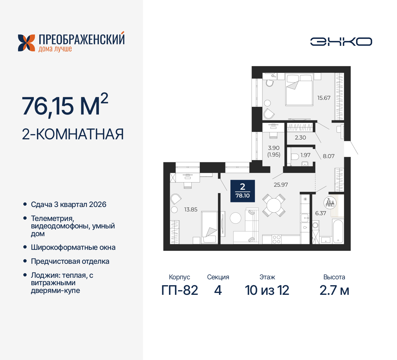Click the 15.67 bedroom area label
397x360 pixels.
[x=323, y=98]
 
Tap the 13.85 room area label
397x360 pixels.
[x=191, y=209]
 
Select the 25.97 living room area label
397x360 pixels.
[x=281, y=185]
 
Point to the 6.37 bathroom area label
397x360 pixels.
[x=320, y=213]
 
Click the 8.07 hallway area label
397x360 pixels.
[x=328, y=156]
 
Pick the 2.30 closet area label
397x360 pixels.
[x=300, y=137]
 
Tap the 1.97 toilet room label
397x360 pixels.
[x=305, y=155]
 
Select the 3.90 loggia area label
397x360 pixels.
[x=274, y=148]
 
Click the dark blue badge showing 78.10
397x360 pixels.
[x=243, y=191]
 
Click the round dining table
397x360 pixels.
[x=274, y=205]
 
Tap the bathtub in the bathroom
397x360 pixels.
[x=338, y=231]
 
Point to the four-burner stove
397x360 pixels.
[x=276, y=239]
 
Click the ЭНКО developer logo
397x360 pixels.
[x=341, y=42]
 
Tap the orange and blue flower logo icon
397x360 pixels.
[x=26, y=43]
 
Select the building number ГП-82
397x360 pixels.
[x=180, y=290]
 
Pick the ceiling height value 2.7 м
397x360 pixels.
[x=334, y=290]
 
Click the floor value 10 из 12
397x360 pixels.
[x=267, y=290]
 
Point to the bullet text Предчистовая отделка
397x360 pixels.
[x=70, y=261]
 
